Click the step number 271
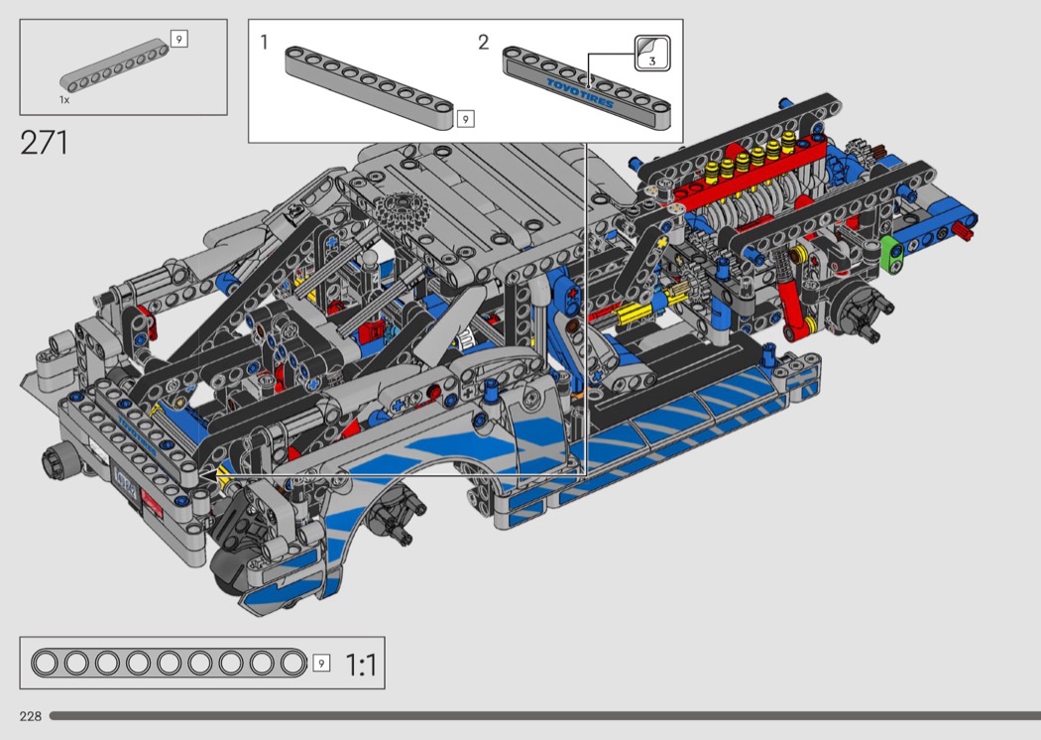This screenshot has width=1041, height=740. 44,142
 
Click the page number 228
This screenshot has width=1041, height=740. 31,716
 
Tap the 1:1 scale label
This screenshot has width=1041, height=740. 361,665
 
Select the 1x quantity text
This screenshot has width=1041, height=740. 64,99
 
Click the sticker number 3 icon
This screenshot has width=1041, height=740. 652,54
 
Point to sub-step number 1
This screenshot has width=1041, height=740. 265,43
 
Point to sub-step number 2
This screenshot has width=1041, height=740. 484,43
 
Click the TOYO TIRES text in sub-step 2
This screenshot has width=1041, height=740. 580,93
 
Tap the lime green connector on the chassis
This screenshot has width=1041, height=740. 891,253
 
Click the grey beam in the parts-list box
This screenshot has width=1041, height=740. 115,64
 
